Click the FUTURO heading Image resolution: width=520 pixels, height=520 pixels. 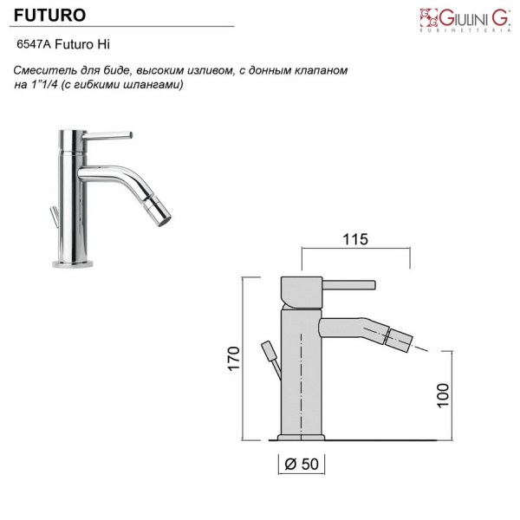49,16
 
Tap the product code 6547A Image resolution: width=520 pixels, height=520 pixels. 34,44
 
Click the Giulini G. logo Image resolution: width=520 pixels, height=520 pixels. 465,20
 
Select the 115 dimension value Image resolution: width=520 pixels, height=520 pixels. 355,239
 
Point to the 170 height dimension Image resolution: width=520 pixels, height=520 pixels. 234,359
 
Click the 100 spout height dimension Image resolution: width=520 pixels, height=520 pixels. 443,395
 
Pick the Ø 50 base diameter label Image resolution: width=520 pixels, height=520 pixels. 302,464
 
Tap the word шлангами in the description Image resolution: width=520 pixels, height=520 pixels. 152,85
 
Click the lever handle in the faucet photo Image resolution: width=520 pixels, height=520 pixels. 107,135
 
